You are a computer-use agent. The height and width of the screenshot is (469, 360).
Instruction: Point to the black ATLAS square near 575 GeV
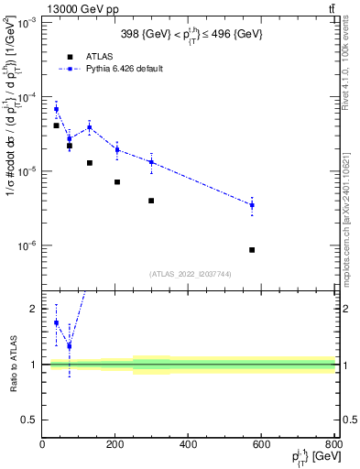point(252,250)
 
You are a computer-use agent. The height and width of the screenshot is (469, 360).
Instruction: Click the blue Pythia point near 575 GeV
point(252,205)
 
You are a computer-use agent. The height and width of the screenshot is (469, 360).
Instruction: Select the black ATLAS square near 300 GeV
point(151,201)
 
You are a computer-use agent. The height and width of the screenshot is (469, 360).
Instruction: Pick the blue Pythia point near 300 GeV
point(151,162)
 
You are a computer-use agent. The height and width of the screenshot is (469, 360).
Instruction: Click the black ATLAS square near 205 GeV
point(117,181)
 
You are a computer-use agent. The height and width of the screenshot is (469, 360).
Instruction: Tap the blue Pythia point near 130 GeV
point(89,127)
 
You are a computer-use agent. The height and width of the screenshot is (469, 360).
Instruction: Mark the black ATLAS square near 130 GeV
point(89,163)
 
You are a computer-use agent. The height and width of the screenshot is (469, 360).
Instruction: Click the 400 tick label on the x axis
point(188,445)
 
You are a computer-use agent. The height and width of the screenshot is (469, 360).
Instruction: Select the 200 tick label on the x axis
point(115,445)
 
